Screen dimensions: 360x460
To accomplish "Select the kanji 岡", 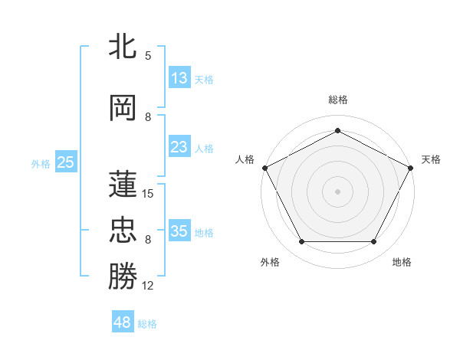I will point(123,107).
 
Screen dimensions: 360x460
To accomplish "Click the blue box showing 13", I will point(179,77).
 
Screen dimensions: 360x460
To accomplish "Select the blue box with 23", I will point(179,147).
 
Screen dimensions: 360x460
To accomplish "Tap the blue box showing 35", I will point(179,231).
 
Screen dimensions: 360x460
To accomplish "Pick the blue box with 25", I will point(66,162).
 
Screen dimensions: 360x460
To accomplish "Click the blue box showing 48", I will point(123,322).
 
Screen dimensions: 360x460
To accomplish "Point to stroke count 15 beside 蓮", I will point(148,194).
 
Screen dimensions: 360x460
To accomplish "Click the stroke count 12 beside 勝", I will point(148,286).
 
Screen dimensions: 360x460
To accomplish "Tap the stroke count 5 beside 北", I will point(148,56).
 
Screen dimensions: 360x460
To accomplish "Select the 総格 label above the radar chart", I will point(338,100).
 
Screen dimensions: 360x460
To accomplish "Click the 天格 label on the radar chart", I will point(431,159).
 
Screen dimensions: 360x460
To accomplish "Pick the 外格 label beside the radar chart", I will point(270,262).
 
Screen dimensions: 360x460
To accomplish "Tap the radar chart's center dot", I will point(338,191).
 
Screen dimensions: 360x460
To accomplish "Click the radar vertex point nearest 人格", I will point(264,167).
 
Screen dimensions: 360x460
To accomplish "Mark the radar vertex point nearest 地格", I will point(374,242).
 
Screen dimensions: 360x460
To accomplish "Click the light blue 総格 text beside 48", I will point(147,323).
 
